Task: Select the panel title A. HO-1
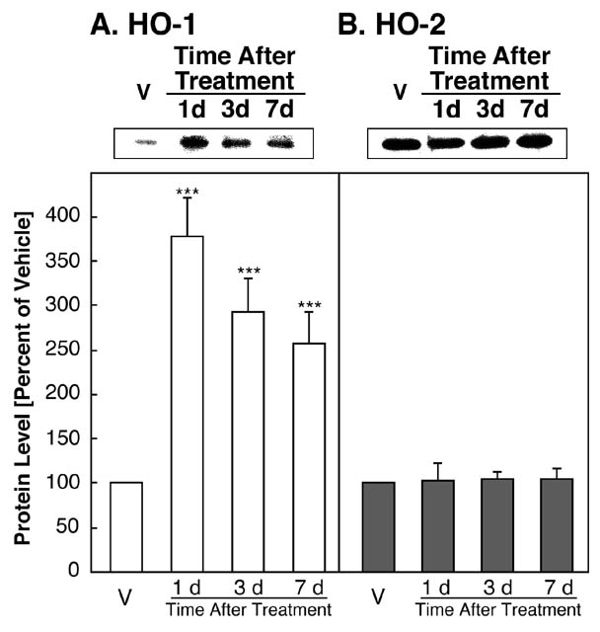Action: [144, 22]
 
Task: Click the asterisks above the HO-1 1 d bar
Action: [187, 192]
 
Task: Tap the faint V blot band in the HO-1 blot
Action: [145, 142]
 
